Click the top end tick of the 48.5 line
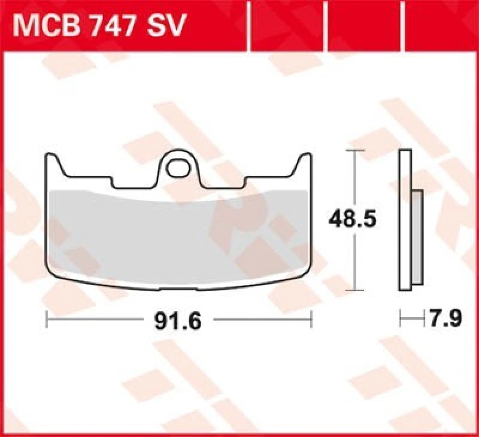click(356, 150)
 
